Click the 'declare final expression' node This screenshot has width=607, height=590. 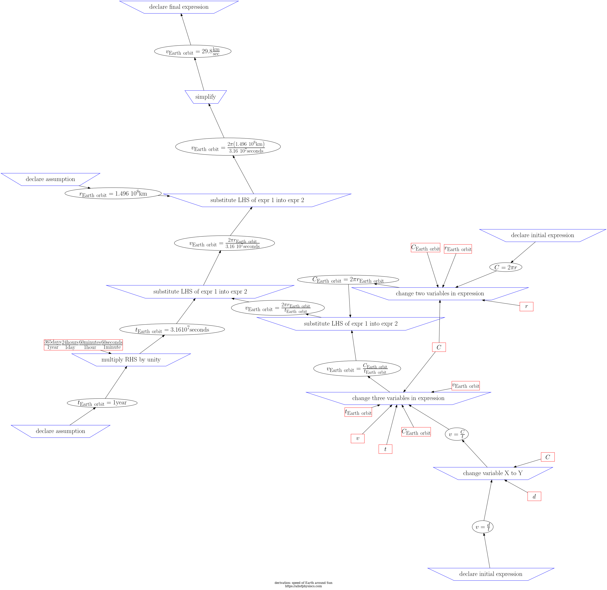[179, 7]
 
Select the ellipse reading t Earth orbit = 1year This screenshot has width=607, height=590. [102, 403]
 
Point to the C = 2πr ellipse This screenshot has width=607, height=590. [506, 267]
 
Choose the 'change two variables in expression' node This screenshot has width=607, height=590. [440, 294]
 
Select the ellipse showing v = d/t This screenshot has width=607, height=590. [483, 527]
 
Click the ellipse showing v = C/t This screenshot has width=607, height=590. [457, 434]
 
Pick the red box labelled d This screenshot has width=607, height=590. [534, 496]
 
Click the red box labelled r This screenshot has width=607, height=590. [526, 306]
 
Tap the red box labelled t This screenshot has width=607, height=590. [385, 449]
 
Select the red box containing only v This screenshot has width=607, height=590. [357, 438]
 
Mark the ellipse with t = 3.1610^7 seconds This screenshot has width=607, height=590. [172, 329]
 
